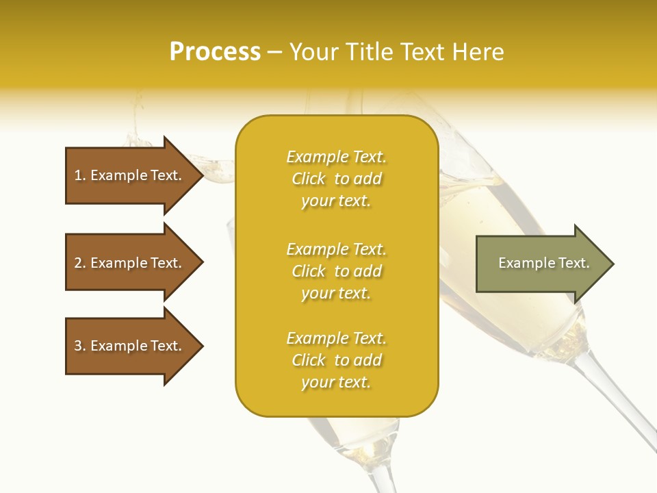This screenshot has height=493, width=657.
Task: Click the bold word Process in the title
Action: click(x=215, y=51)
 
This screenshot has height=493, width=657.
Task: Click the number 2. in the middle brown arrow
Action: click(x=79, y=263)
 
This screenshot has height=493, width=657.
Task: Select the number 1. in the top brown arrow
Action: click(x=79, y=175)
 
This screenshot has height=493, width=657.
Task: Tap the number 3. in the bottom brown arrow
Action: click(x=79, y=346)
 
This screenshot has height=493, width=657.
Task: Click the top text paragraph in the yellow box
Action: click(x=336, y=179)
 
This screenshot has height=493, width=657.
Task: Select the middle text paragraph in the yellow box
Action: click(x=336, y=271)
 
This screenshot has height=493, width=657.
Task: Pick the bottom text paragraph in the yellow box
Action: click(x=336, y=360)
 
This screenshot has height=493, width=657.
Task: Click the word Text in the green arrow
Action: click(x=574, y=263)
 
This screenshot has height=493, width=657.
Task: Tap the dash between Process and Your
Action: click(x=274, y=53)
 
